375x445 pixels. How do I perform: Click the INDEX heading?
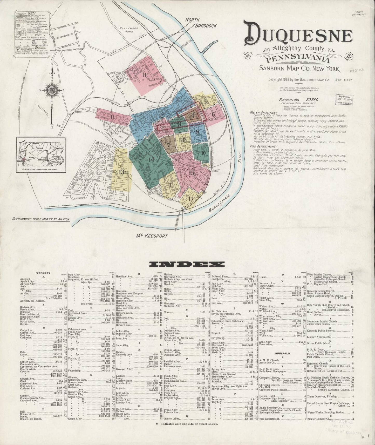(x=187, y=264)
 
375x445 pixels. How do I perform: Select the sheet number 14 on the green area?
(x=151, y=159)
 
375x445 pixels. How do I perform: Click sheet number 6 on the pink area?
(x=213, y=114)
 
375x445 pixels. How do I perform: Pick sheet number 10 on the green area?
(x=203, y=153)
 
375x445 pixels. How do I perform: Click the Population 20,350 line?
(x=299, y=100)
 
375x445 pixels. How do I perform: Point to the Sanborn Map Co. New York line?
(x=299, y=69)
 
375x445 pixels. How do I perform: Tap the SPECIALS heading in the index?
(x=282, y=353)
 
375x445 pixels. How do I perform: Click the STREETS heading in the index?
(x=44, y=273)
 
